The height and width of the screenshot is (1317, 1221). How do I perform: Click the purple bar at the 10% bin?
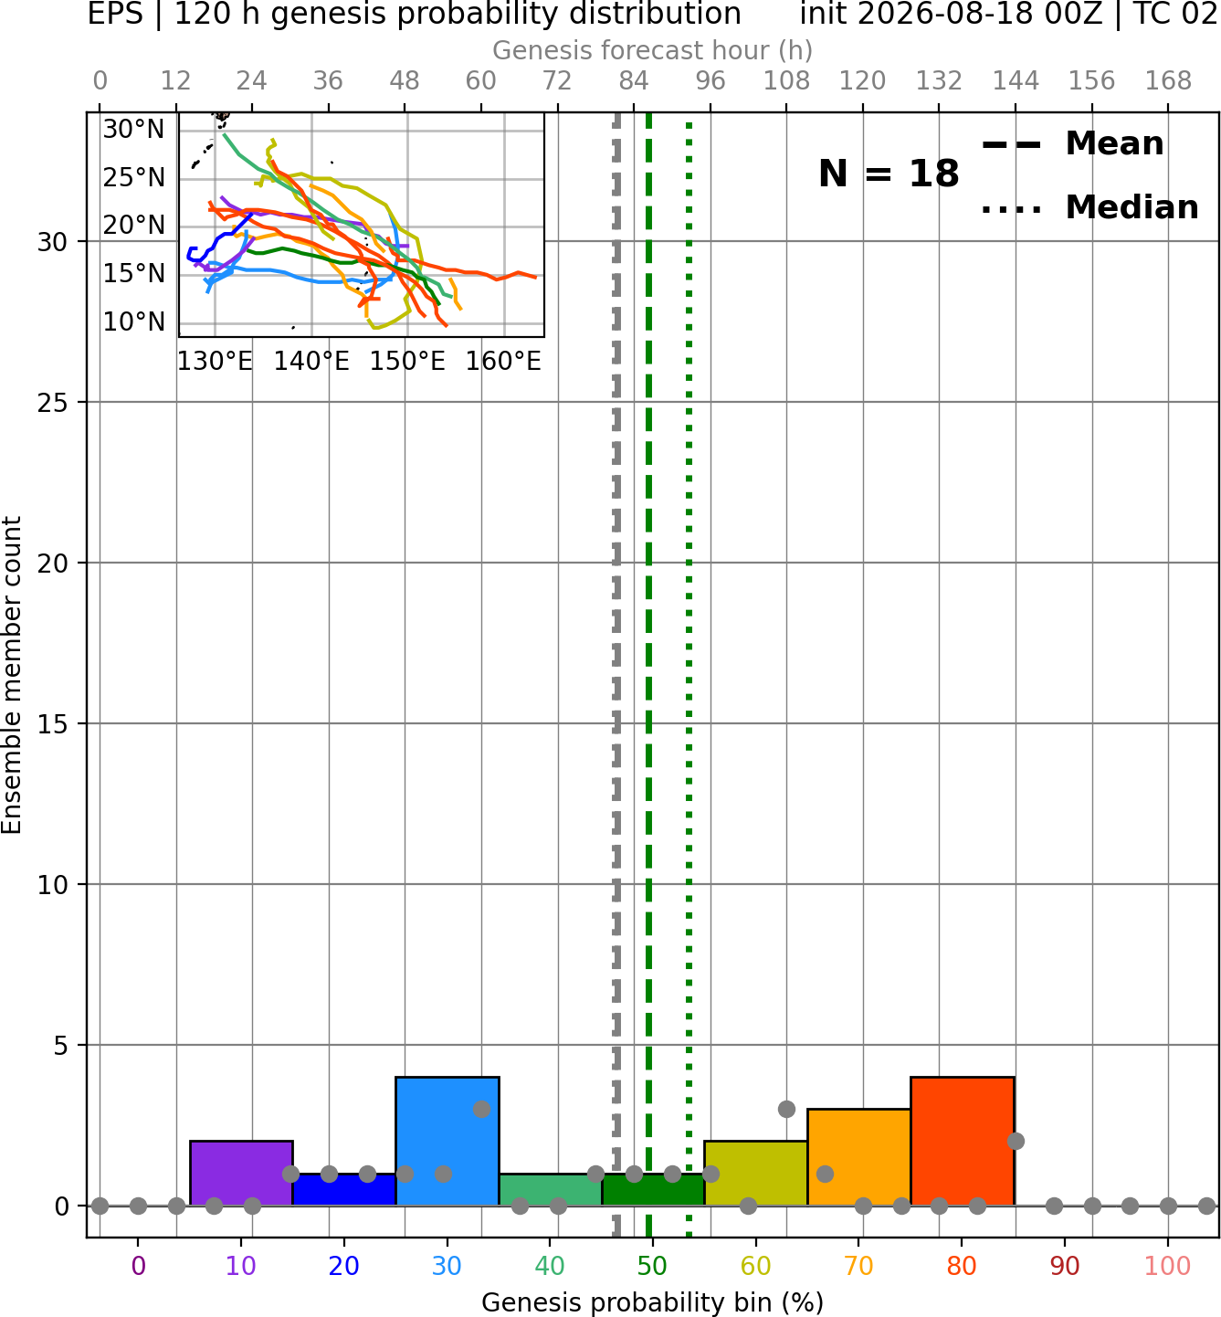241,1173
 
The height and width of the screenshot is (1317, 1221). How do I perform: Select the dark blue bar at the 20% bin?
344,1190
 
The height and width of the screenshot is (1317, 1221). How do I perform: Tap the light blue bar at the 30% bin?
447,1142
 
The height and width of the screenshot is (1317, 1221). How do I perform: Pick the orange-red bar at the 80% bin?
963,1142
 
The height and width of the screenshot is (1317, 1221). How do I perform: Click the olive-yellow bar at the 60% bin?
756,1173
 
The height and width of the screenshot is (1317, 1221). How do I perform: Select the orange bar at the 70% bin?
859,1157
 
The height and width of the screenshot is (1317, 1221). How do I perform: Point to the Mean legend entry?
1072,144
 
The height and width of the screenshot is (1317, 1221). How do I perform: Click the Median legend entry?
1090,207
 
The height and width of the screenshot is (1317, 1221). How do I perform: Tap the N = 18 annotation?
889,174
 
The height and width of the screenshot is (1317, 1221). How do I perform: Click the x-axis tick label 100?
1168,1266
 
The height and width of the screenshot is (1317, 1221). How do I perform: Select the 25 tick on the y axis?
53,403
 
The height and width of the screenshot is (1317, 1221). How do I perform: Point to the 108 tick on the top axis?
786,81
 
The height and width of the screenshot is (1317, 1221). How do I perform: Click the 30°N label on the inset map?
133,130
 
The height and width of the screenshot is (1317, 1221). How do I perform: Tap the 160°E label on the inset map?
503,362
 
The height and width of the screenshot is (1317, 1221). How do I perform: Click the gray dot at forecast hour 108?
786,1109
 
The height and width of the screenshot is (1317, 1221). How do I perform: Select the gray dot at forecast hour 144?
1016,1142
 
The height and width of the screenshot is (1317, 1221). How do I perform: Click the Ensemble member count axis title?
11,675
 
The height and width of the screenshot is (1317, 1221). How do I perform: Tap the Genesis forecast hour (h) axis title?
653,50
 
